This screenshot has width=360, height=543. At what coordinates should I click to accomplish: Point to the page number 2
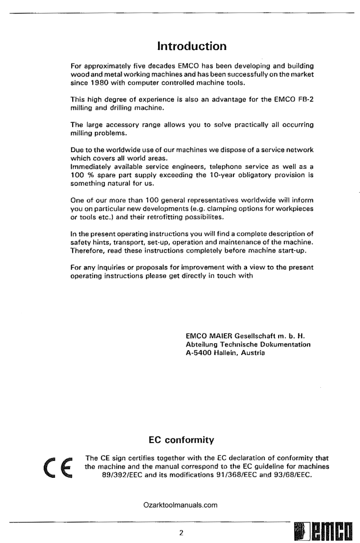(x=181, y=532)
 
